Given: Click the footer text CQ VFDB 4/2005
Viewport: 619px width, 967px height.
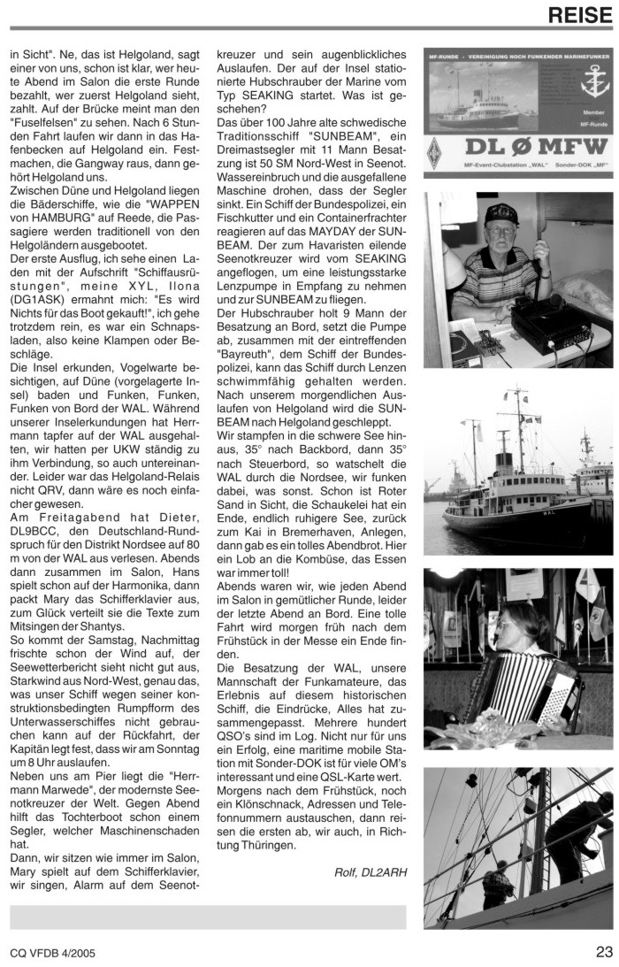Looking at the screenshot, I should [52, 953].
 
